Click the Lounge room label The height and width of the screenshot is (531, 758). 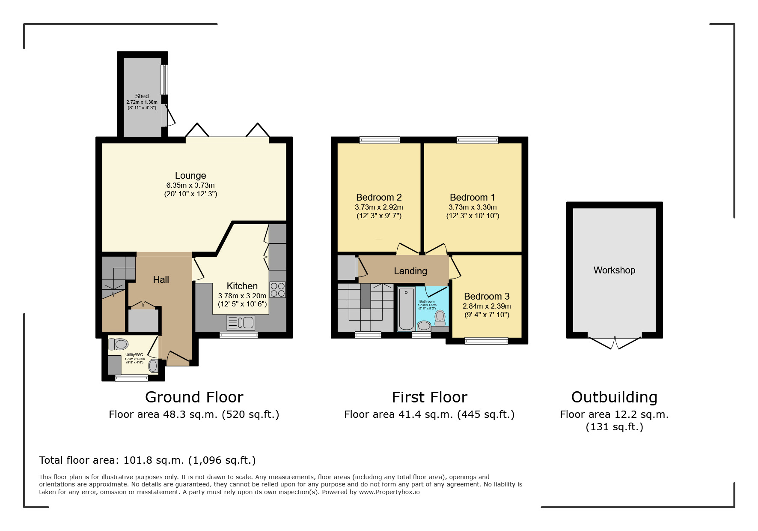coord(190,176)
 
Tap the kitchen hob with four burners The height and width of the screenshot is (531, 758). coord(277,290)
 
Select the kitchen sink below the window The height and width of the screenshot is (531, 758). coord(241,322)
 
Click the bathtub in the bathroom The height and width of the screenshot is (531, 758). coord(406,309)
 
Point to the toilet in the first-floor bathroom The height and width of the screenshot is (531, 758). coord(440,318)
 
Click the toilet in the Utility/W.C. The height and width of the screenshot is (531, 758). coord(118,344)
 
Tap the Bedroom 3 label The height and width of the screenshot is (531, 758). coord(487,297)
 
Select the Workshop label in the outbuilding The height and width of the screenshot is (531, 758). coord(614,270)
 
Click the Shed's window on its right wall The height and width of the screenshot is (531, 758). coord(164,79)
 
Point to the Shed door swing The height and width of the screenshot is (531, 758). coord(170,116)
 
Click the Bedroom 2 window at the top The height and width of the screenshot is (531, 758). coord(379,140)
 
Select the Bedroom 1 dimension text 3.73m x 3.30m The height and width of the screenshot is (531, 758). coord(473,207)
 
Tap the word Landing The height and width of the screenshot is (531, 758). coord(410,271)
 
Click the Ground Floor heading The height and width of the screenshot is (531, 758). coord(194,397)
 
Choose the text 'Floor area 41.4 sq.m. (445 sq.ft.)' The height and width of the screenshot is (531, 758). coord(429,414)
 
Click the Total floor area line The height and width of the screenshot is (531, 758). coord(147,460)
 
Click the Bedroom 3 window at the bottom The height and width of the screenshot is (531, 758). coord(486,341)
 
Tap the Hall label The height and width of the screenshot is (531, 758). coord(161,280)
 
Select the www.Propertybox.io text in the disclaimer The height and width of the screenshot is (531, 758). coord(389,492)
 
